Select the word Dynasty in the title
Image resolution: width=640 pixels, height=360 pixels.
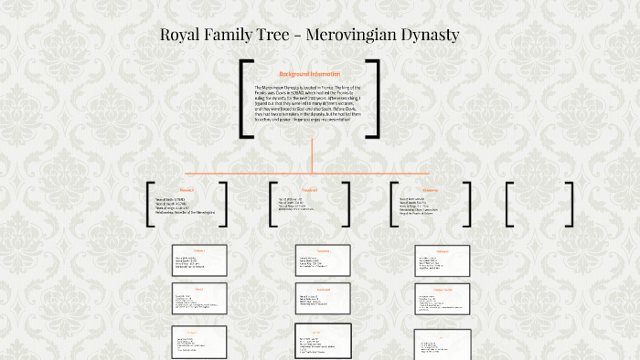pos(432,36)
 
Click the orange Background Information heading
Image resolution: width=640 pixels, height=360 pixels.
pos(309,74)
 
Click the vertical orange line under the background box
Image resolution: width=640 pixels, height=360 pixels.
pos(313,155)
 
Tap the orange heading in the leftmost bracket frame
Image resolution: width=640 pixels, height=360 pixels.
pos(187,190)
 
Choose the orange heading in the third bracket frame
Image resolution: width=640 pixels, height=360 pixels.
pos(431,190)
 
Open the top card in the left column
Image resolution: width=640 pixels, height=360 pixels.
pos(199,259)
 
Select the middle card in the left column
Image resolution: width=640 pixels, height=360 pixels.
pos(199,299)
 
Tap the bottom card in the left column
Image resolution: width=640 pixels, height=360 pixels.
pos(199,341)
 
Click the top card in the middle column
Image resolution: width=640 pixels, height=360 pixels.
pos(323,260)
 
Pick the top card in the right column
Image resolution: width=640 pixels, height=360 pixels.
pos(443,260)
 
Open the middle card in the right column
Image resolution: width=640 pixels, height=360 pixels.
pos(443,302)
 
